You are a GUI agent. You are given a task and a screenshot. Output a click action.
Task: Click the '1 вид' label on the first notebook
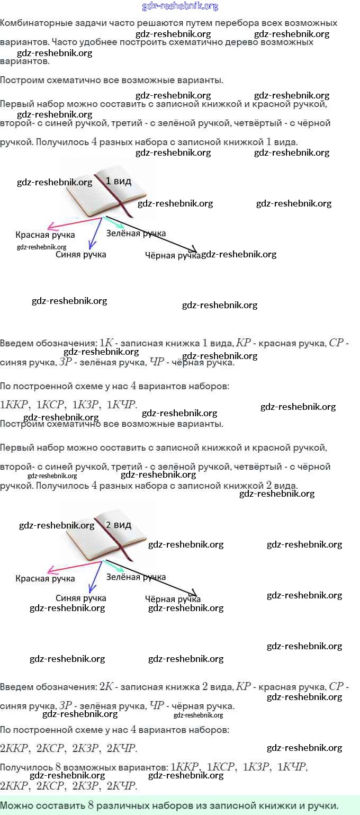point(118,181)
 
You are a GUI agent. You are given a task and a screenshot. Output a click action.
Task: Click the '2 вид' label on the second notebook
point(118,525)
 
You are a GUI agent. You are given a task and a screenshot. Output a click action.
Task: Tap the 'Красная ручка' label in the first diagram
point(45,235)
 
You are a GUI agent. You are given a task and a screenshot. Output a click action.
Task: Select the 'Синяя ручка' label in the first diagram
point(80,255)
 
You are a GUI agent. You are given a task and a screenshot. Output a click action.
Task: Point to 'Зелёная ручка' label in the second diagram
point(136,577)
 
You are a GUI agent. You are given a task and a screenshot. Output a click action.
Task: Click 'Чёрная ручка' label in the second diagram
point(173,599)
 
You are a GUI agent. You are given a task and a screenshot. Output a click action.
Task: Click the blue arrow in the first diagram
point(95,234)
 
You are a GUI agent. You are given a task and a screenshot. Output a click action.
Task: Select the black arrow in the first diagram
point(154,235)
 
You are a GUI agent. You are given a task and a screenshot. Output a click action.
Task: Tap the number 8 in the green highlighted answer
point(91,805)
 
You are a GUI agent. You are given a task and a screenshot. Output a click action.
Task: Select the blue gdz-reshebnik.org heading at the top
point(180,6)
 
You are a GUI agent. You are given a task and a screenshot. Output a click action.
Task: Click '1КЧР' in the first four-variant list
point(121,405)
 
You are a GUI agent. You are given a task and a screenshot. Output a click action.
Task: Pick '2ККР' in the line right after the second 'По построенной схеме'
point(14,748)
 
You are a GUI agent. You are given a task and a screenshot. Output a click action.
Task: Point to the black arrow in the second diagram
point(154,578)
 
